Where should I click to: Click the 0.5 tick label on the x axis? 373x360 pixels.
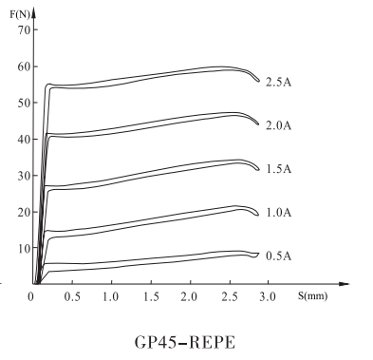pyautogui.click(x=72, y=296)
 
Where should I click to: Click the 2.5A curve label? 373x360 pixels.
pyautogui.click(x=277, y=82)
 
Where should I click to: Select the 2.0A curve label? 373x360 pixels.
pyautogui.click(x=277, y=125)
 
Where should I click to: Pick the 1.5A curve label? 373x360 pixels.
pyautogui.click(x=277, y=169)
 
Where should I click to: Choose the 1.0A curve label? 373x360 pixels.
pyautogui.click(x=277, y=213)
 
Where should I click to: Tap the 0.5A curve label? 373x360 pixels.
pyautogui.click(x=277, y=256)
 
